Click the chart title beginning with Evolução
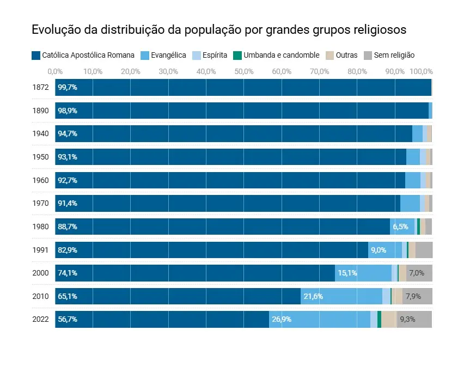point(219,29)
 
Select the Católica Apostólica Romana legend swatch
point(36,55)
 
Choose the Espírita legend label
point(215,55)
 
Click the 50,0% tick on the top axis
point(244,71)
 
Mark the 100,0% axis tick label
point(421,71)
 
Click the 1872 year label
point(41,87)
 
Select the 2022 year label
point(41,319)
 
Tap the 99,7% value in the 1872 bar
point(68,87)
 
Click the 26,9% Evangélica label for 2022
point(282,319)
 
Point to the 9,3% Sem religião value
point(407,319)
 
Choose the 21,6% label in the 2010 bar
point(313,296)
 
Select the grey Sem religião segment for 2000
point(419,273)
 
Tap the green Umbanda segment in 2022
point(379,319)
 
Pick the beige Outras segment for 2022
point(388,319)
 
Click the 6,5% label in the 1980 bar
point(400,227)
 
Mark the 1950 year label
point(41,157)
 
